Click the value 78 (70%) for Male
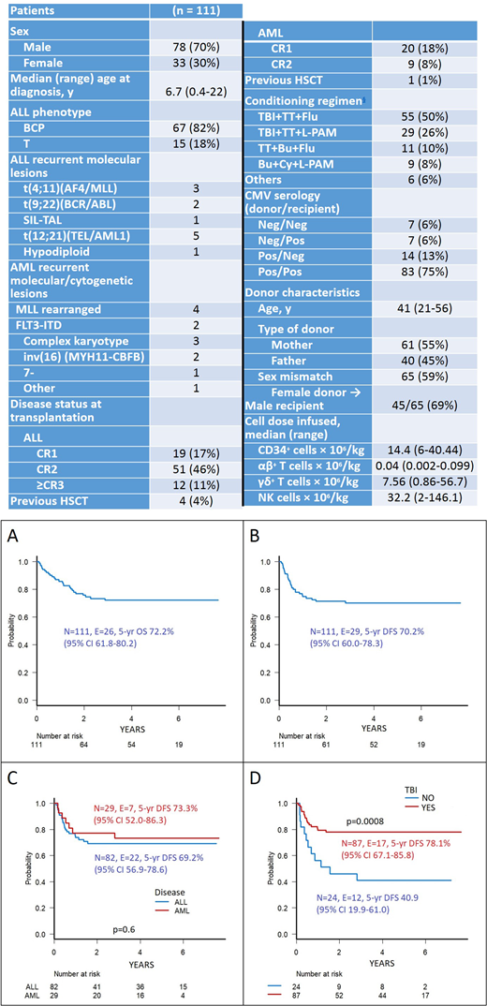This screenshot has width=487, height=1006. coord(193,48)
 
